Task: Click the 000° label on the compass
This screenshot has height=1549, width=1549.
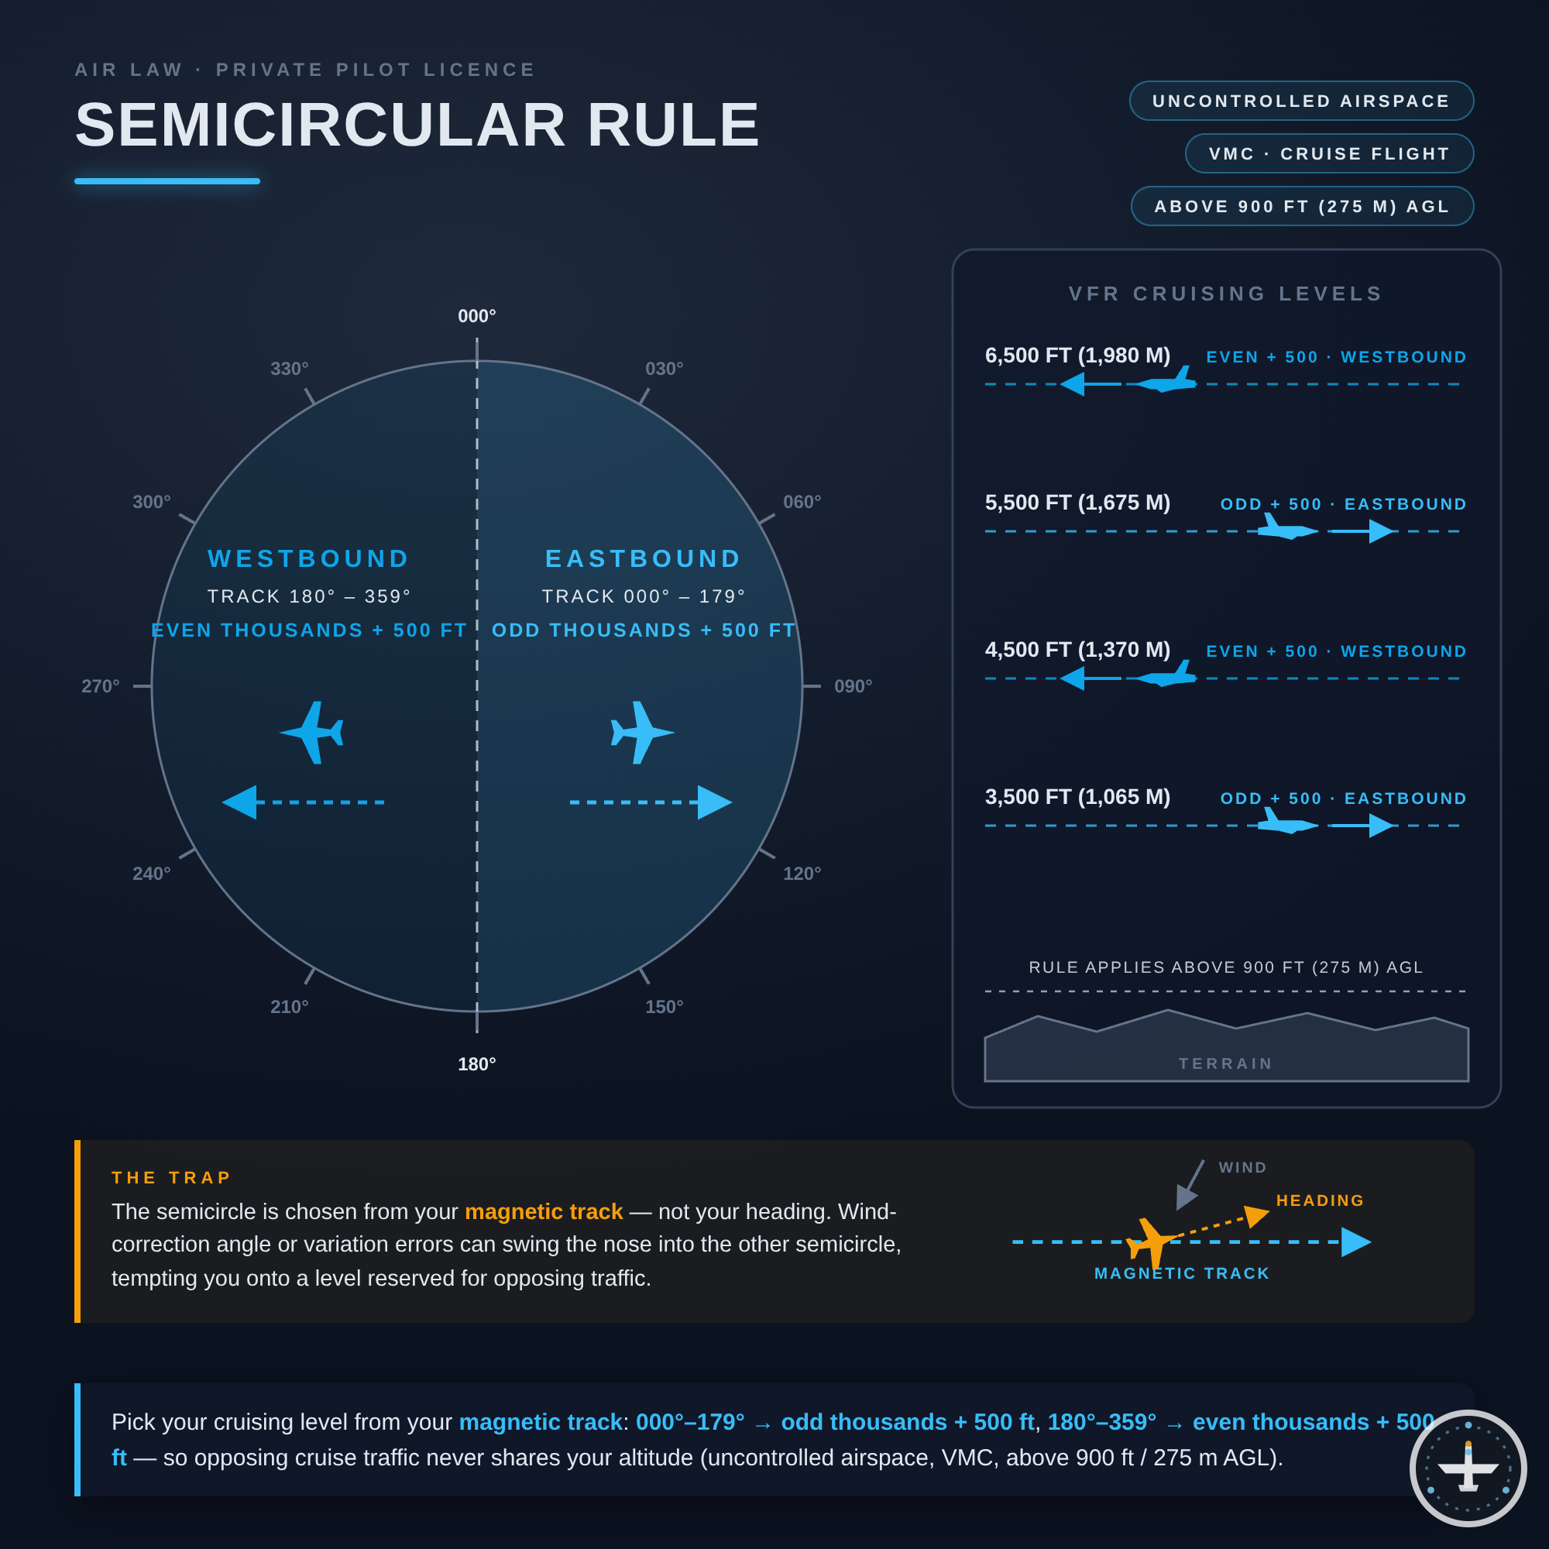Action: [477, 316]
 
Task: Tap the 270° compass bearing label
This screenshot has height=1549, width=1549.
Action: [100, 686]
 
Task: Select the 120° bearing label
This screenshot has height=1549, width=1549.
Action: [802, 873]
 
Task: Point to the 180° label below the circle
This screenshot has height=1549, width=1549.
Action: [477, 1064]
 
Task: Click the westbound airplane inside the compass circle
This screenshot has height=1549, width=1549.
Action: [312, 733]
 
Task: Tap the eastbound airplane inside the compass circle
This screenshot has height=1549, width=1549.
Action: [642, 733]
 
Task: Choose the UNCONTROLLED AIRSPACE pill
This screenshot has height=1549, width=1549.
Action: [1301, 101]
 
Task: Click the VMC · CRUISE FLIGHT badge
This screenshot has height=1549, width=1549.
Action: [1329, 154]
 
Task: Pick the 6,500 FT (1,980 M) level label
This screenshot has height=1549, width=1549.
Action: [1077, 355]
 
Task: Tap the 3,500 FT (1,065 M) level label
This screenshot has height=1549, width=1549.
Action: [1077, 797]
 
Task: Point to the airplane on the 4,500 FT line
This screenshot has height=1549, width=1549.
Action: [1166, 674]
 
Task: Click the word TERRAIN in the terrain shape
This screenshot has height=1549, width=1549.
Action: [1226, 1064]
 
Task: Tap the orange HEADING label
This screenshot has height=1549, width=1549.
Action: [1320, 1200]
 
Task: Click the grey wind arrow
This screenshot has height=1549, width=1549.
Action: [1190, 1185]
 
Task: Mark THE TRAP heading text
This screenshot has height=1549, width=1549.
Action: [170, 1178]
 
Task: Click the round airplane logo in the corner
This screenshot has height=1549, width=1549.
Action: [1468, 1468]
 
